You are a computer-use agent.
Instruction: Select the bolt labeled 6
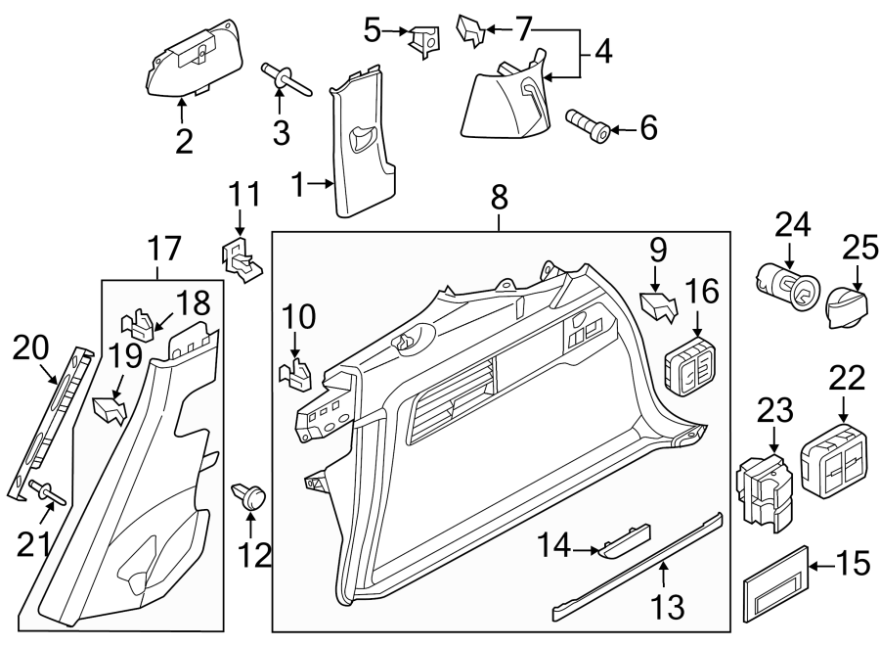tap(590, 125)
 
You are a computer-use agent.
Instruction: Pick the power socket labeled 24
tap(786, 284)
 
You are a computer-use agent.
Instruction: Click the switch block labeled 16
tap(693, 367)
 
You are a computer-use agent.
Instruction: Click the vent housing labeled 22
tap(834, 458)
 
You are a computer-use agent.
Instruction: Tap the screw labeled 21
tap(47, 492)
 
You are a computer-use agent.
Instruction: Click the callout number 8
tap(499, 198)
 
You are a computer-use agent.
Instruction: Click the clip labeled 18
tap(140, 322)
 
